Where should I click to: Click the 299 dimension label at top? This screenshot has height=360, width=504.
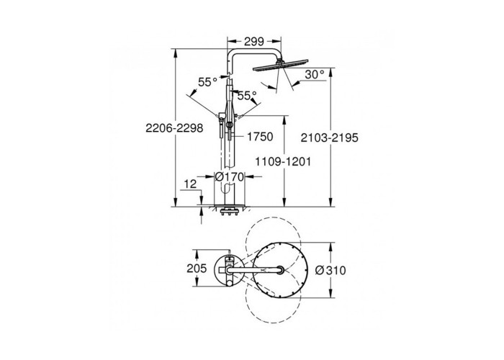(x=254, y=41)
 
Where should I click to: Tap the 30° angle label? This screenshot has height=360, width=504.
(x=315, y=75)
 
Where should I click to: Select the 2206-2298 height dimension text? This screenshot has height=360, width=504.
(x=174, y=128)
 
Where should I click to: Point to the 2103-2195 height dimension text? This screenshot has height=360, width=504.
(x=330, y=138)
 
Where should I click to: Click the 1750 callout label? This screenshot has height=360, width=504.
(x=260, y=137)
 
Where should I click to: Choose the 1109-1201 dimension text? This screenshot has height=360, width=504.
(x=283, y=161)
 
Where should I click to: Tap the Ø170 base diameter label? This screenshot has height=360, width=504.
(x=230, y=176)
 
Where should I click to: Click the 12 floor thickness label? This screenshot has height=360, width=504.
(x=190, y=184)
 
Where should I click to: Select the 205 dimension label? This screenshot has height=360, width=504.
(x=197, y=268)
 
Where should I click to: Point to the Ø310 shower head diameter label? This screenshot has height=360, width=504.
(x=330, y=270)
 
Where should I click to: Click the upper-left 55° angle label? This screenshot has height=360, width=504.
(x=207, y=82)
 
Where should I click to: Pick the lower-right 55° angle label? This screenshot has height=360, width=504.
(x=247, y=96)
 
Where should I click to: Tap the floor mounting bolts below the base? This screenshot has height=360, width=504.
(x=229, y=212)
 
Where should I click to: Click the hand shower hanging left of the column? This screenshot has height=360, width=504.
(x=222, y=126)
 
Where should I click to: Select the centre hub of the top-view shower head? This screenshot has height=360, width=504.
(x=280, y=270)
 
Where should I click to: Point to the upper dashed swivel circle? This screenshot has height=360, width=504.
(x=273, y=243)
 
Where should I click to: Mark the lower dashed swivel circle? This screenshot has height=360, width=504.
(x=273, y=297)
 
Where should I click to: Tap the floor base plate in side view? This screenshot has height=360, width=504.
(x=230, y=205)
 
